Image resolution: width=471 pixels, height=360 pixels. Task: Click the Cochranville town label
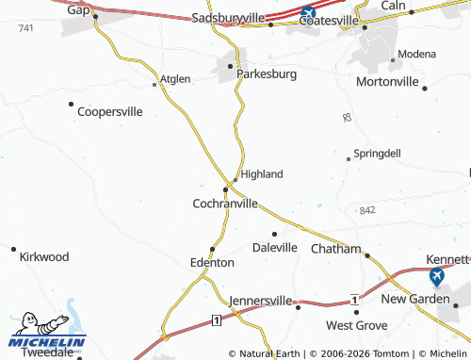coord(224,203)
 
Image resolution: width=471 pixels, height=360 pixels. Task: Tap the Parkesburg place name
coord(267,73)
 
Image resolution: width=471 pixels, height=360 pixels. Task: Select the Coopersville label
coord(109,111)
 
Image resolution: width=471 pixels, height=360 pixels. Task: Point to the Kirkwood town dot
coord(13,249)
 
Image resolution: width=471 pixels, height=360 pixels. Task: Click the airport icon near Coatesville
coord(308,14)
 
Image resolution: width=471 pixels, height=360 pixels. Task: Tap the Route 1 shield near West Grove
coord(355,299)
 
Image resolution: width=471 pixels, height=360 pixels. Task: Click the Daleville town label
coord(274,247)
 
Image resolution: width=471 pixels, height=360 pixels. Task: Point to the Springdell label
coord(377,153)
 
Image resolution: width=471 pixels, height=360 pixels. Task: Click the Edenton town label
coord(212,262)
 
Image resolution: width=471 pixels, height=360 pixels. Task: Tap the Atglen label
coord(175,79)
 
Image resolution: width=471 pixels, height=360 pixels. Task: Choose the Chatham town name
coord(335,249)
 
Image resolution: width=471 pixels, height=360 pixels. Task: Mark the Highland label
coord(262,174)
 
